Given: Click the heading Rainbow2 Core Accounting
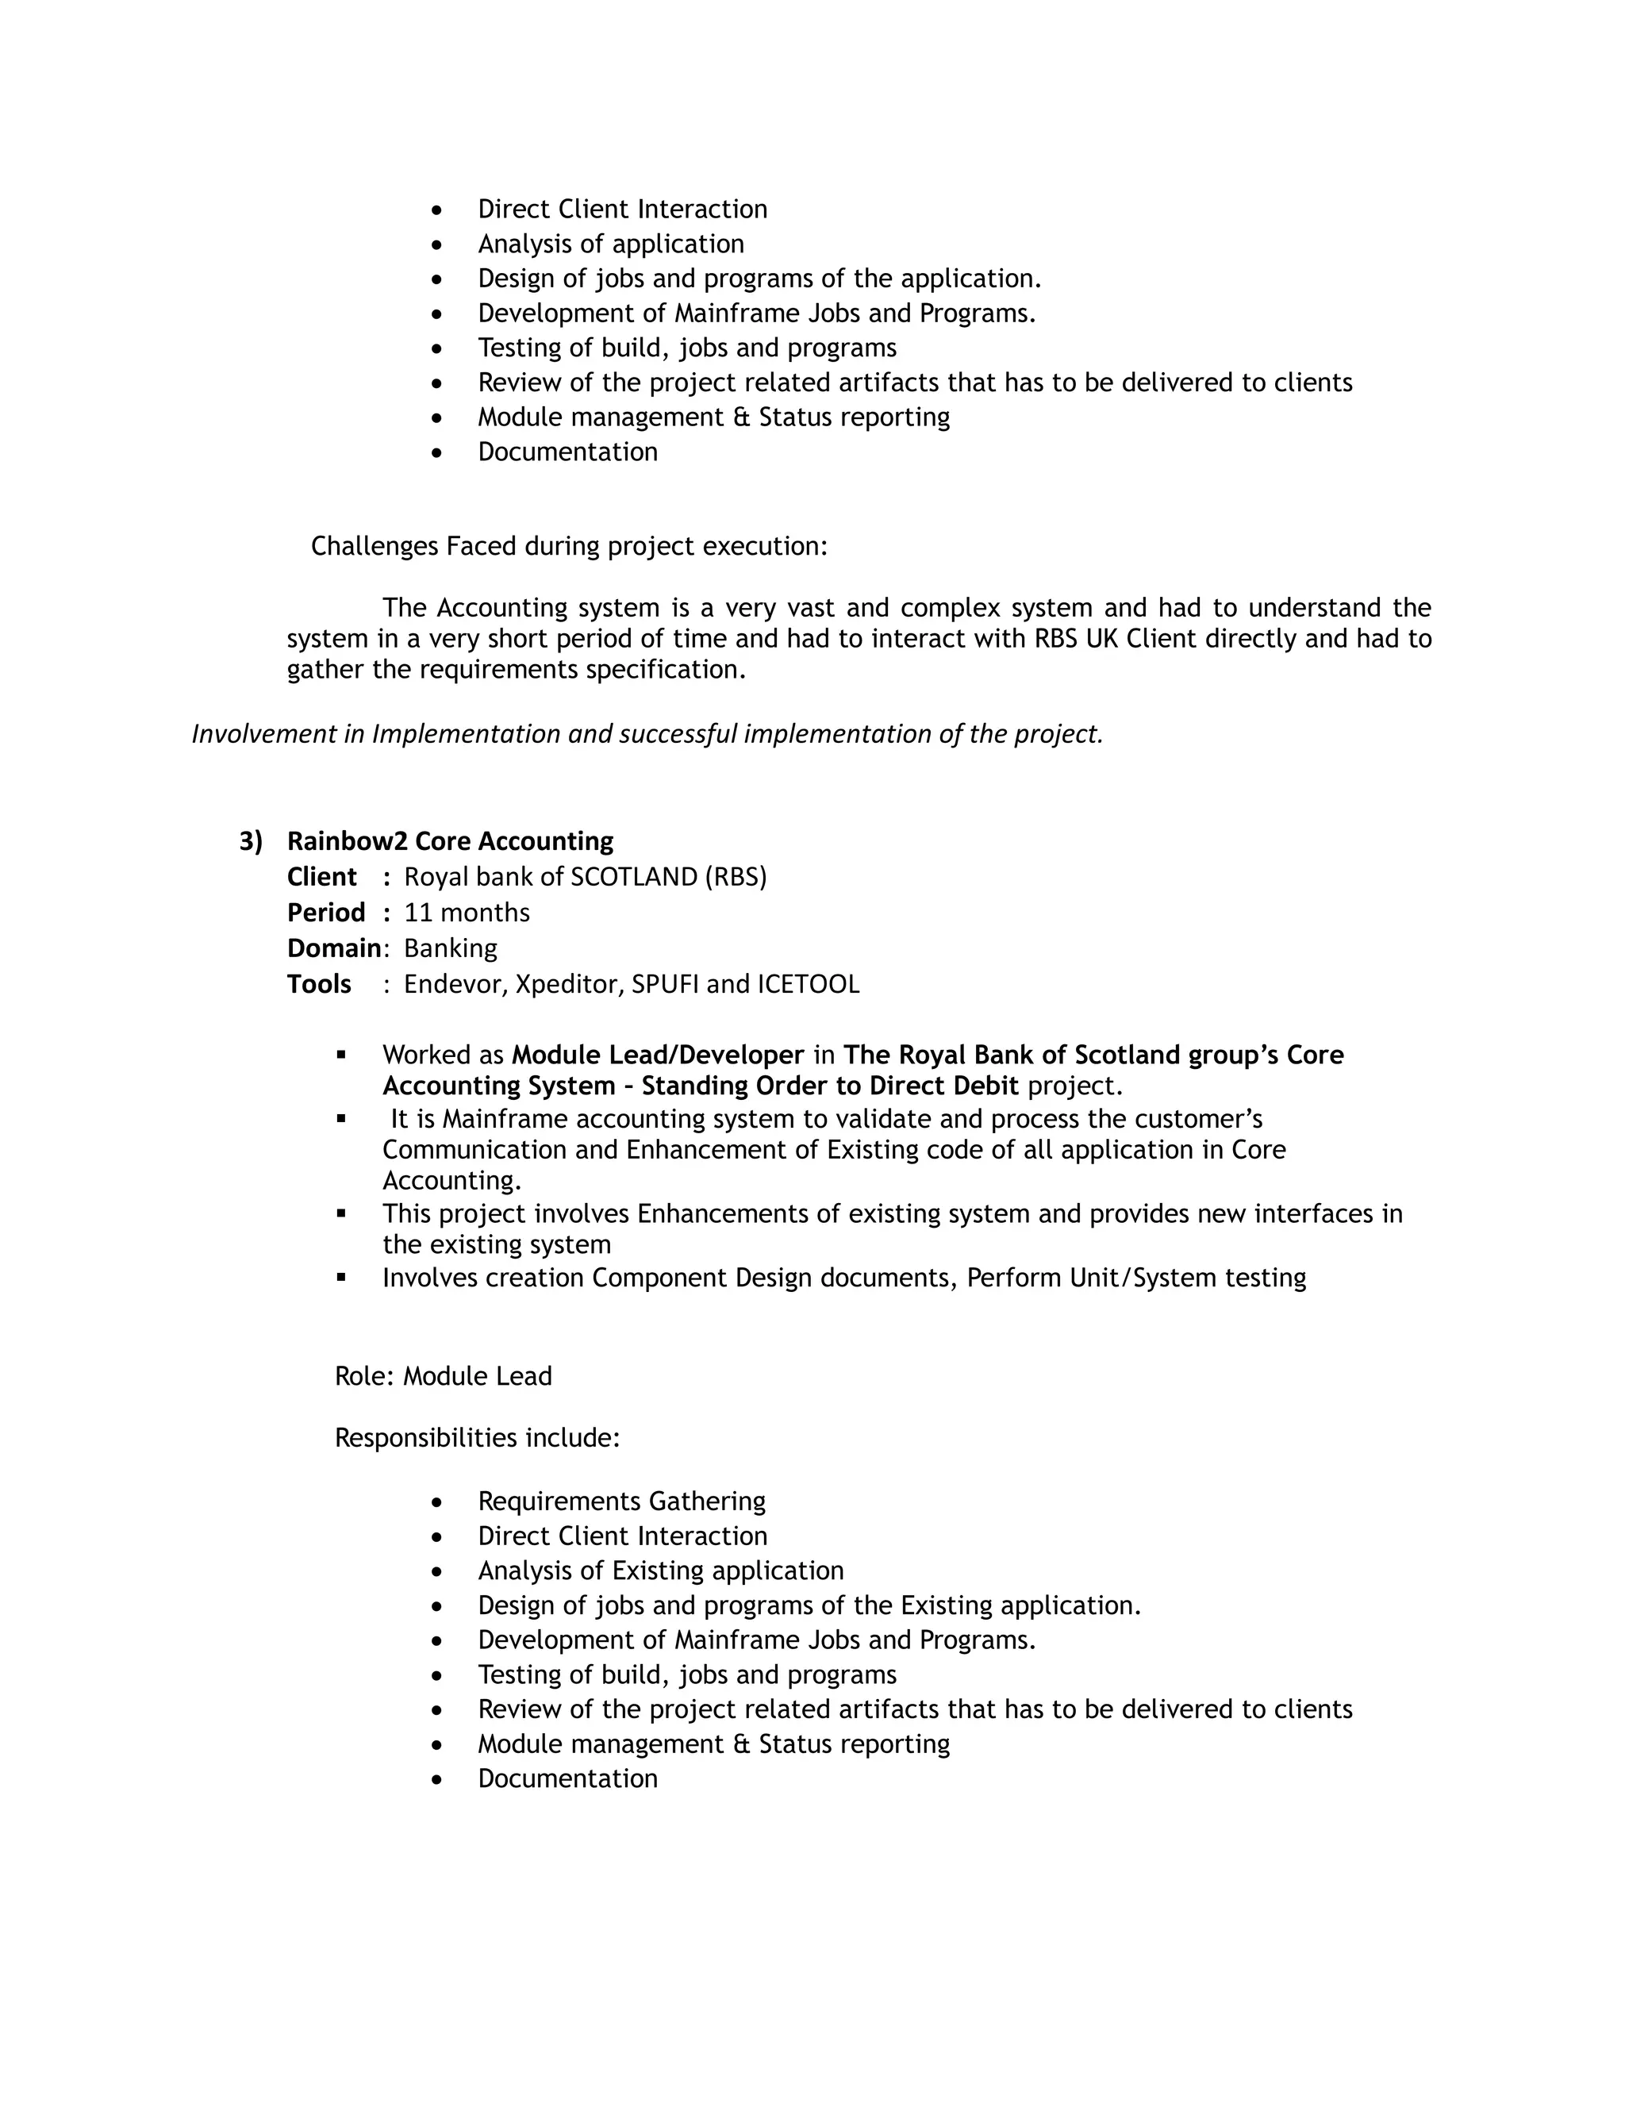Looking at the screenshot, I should click(x=450, y=840).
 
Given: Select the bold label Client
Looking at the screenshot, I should click(x=321, y=876).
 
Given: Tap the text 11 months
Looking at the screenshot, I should click(x=467, y=912).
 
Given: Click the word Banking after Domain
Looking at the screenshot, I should click(x=451, y=948).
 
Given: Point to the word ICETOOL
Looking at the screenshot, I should click(x=808, y=983).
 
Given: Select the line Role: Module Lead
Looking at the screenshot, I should click(x=443, y=1376).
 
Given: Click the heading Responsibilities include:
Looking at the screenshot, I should click(x=477, y=1438).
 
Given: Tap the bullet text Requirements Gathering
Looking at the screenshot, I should click(x=622, y=1501).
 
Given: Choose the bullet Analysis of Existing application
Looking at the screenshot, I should click(x=660, y=1571).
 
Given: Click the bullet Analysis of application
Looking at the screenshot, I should click(x=611, y=244).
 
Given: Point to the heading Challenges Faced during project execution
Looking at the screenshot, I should click(x=569, y=546).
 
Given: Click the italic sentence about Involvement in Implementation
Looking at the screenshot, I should click(x=647, y=734).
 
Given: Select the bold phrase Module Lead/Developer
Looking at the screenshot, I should click(x=658, y=1055).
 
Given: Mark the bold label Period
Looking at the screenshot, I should click(x=326, y=912).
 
